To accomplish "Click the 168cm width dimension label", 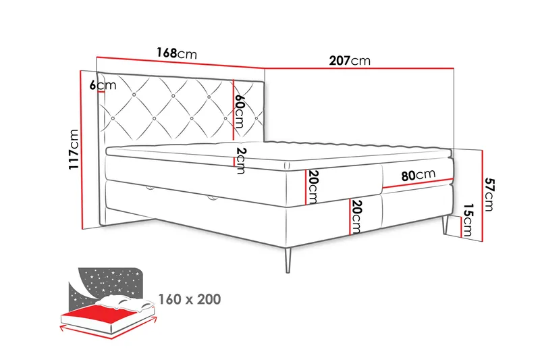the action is tap(177, 53).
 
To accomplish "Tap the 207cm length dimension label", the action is tap(350, 61).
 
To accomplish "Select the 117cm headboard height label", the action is tap(74, 149).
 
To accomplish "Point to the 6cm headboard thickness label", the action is tap(103, 84).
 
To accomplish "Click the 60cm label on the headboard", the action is tap(239, 111).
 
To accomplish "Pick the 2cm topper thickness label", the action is tap(240, 161).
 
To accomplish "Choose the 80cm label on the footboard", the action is tap(418, 175).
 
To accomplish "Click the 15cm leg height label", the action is tap(468, 220).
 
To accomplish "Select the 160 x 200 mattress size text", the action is tap(190, 299).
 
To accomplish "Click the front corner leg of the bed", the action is tap(288, 260).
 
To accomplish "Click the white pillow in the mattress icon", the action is tap(125, 303).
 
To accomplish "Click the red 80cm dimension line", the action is tap(417, 183).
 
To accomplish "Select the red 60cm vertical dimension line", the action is tap(234, 110).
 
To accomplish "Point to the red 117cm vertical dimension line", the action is tap(82, 150).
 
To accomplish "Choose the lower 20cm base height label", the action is tap(356, 216).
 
